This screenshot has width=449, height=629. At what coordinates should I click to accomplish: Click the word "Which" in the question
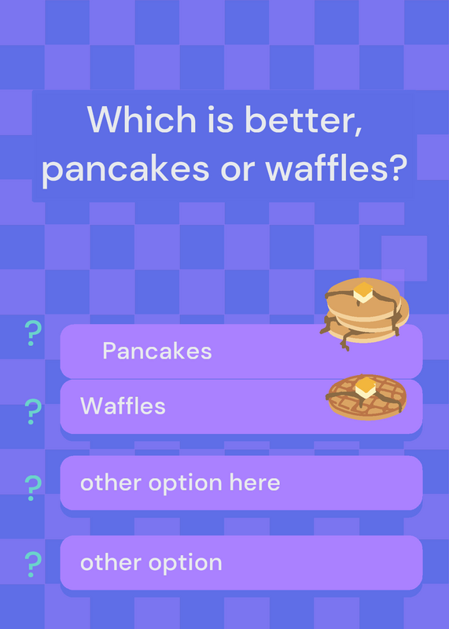[x=142, y=120]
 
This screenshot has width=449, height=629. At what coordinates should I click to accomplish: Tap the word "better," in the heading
[x=304, y=120]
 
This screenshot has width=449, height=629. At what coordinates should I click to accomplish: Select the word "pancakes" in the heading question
[x=126, y=168]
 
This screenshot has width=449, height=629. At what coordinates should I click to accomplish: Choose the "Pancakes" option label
[x=157, y=351]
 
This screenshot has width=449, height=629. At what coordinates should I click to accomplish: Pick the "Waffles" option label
[x=123, y=406]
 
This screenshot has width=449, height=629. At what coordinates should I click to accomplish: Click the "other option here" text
[x=180, y=483]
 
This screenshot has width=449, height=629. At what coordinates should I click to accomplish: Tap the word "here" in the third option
[x=255, y=482]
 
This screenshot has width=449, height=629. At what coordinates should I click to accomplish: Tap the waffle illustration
[x=366, y=397]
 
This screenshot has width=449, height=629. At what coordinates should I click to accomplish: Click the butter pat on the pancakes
[x=363, y=292]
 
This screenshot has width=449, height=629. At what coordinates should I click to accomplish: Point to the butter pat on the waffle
[x=366, y=388]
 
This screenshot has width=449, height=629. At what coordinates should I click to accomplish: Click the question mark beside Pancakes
[x=33, y=333]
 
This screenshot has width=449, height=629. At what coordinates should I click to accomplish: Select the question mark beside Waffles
[x=33, y=411]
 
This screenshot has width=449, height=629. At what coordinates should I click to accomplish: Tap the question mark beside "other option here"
[x=33, y=487]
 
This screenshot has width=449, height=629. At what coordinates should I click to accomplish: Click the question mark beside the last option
[x=33, y=564]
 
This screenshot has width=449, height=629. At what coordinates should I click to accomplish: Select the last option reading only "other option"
[x=151, y=563]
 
